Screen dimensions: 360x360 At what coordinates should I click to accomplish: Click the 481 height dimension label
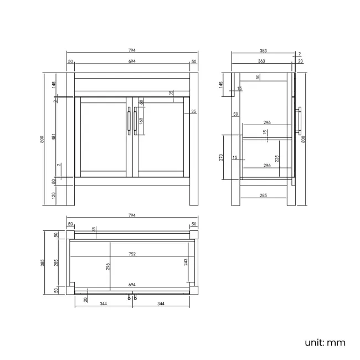[54, 137]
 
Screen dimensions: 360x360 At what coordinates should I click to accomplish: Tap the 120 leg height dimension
[54, 196]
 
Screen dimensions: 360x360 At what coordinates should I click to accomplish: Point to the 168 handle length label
[141, 121]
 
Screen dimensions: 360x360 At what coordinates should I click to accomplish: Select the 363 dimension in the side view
[261, 61]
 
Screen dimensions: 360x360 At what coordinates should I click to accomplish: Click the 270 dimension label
[221, 157]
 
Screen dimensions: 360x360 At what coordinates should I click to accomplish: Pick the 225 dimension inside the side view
[277, 158]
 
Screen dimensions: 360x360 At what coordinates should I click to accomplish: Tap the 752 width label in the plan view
[132, 254]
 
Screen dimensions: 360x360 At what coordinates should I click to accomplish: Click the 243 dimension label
[186, 262]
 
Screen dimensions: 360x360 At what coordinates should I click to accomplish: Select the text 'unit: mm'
[325, 343]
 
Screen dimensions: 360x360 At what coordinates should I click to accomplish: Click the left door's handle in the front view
[129, 121]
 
